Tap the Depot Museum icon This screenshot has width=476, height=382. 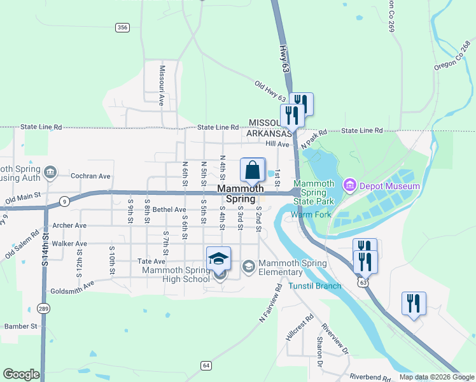click(x=349, y=186)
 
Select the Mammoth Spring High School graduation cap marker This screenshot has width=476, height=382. click(x=218, y=258)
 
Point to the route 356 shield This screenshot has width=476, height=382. click(x=123, y=27)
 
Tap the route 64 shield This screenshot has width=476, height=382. click(x=206, y=365)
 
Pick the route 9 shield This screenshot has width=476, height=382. click(x=64, y=201)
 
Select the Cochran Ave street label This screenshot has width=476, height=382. click(x=91, y=176)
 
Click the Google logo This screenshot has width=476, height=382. click(x=21, y=374)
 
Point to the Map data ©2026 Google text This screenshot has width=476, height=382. click(x=436, y=377)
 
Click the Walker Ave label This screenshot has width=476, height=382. click(x=72, y=244)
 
